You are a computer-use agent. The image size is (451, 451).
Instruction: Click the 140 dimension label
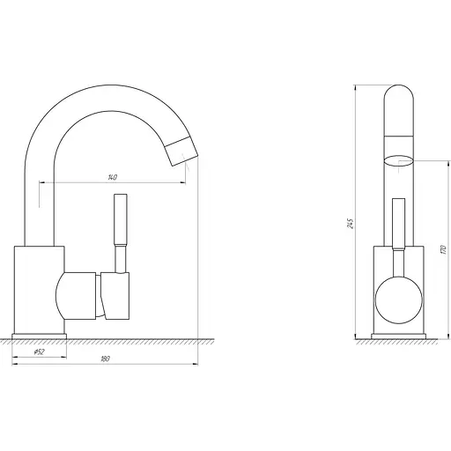click(x=113, y=177)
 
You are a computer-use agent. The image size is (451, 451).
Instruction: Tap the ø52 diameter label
click(x=39, y=351)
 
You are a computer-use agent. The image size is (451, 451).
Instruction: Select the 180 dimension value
click(x=105, y=359)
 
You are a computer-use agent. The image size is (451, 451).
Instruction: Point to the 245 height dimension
click(x=351, y=224)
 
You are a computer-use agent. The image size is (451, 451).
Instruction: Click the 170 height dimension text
click(x=444, y=249)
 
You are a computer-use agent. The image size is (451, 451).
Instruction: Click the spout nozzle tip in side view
click(x=181, y=152)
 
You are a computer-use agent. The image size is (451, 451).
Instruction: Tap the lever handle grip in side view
click(x=121, y=219)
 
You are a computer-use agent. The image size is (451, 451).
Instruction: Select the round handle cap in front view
click(x=399, y=300)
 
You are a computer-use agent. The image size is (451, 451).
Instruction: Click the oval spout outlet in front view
click(x=398, y=161)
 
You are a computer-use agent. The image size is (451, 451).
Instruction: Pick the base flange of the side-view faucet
click(x=40, y=336)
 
